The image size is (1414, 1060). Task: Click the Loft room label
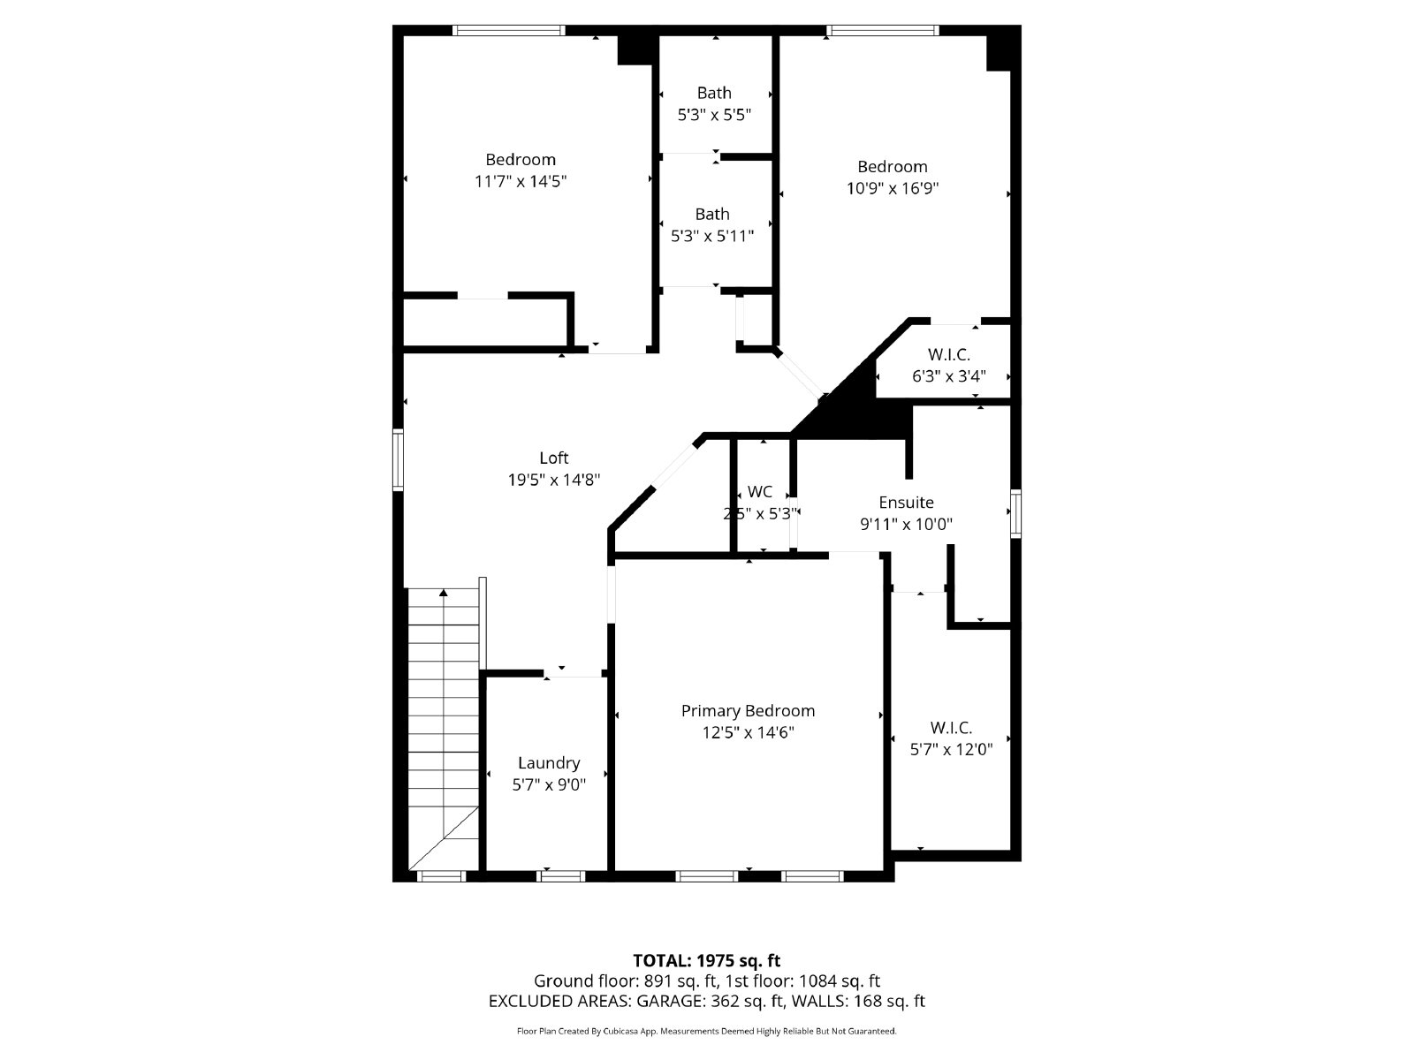coord(554,458)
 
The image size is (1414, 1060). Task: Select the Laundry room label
coord(549,763)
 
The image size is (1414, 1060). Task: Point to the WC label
coord(759,492)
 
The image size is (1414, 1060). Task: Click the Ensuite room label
coord(906,503)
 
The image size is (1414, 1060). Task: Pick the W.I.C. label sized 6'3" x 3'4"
coord(949,355)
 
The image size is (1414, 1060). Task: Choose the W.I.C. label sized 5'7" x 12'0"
coord(951,729)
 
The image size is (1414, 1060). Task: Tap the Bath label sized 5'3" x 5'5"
coord(714,93)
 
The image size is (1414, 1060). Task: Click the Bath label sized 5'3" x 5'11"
coord(712,214)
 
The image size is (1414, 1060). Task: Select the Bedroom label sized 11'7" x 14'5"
coord(521,160)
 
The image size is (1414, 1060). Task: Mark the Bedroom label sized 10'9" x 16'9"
coord(893,167)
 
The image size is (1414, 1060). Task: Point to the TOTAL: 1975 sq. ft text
coord(707,960)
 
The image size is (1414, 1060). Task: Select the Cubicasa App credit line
coord(707,1031)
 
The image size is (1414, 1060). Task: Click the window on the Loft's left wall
coord(399,459)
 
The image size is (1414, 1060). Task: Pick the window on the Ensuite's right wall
coord(1015,513)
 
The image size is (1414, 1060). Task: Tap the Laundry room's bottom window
coord(561,876)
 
